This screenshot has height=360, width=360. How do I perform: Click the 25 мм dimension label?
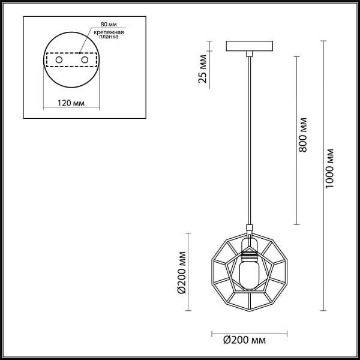click(x=203, y=68)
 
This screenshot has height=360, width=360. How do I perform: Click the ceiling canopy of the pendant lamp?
click(x=249, y=46)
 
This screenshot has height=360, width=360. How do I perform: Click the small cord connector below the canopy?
click(x=248, y=55)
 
